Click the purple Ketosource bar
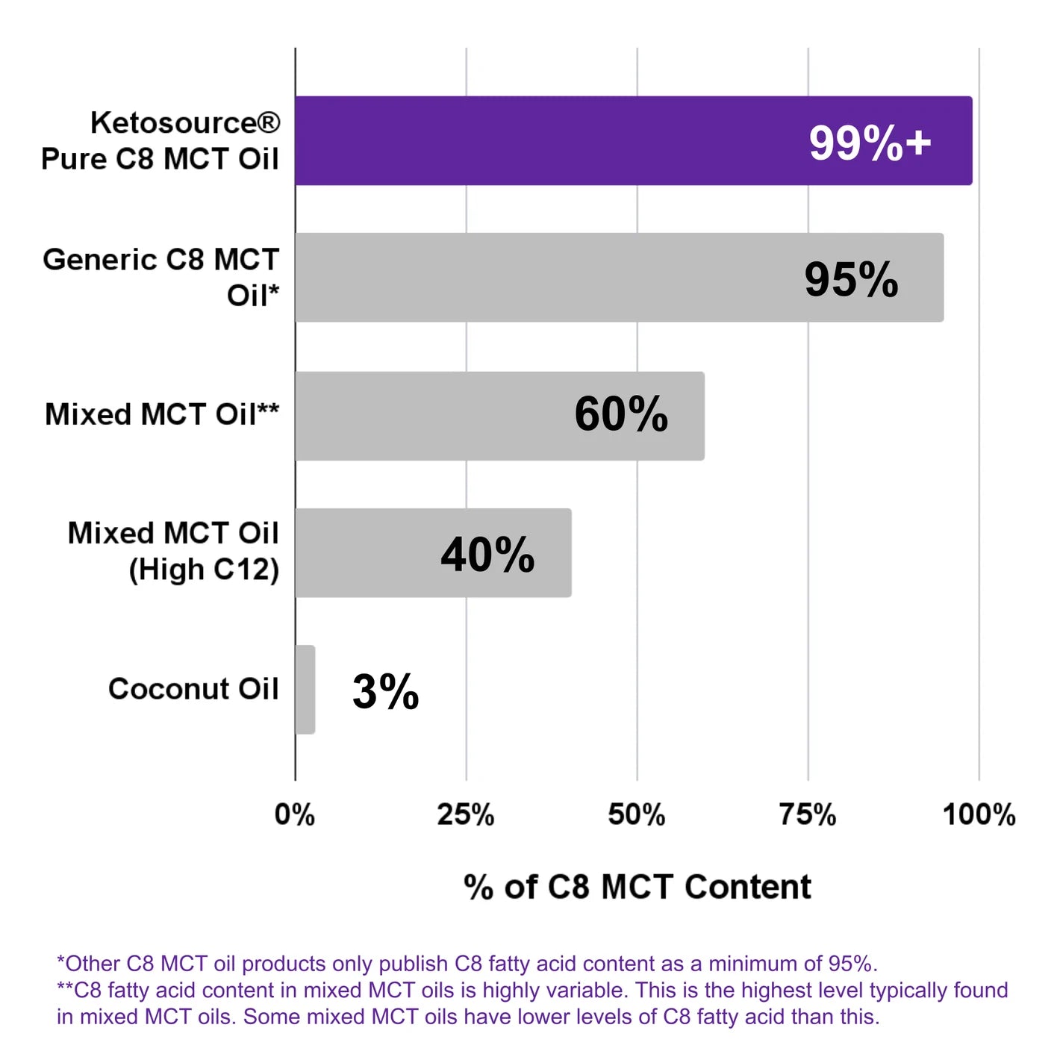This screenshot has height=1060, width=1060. [552, 140]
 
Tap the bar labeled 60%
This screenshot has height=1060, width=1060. [448, 416]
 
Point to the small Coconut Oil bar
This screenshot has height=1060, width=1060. [305, 690]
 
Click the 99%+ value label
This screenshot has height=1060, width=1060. [870, 143]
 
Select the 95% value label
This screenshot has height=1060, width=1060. [851, 280]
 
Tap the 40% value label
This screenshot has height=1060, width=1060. [487, 555]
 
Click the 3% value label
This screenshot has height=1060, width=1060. [385, 691]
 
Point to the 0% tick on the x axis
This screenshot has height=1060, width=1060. [295, 814]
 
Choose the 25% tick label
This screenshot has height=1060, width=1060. [466, 814]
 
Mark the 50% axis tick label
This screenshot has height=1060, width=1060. [637, 814]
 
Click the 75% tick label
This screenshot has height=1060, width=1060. [808, 814]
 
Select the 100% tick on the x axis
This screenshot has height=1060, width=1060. [979, 814]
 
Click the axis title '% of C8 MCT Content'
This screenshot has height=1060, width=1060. [637, 887]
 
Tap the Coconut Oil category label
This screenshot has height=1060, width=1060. [193, 688]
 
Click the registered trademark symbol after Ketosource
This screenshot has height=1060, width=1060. [269, 122]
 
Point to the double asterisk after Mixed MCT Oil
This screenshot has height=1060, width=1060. [268, 410]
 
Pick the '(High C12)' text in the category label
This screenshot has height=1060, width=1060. [204, 570]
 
